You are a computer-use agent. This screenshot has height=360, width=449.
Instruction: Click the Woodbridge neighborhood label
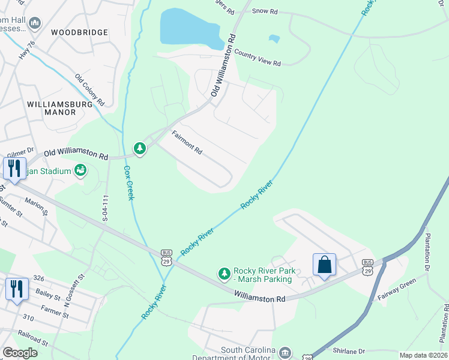tap(79, 32)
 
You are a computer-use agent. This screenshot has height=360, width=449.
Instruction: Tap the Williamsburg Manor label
tap(60, 108)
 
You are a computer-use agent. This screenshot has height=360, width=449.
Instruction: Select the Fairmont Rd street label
tap(187, 143)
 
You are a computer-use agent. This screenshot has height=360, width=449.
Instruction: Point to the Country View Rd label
tap(258, 58)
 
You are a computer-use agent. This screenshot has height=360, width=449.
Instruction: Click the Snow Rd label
tap(265, 11)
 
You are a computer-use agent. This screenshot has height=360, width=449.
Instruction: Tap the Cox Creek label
tap(128, 183)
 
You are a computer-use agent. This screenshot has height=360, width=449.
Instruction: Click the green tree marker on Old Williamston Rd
tap(140, 148)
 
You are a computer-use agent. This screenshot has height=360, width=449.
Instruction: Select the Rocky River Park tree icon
tap(224, 274)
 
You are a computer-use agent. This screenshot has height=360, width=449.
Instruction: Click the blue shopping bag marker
tap(324, 264)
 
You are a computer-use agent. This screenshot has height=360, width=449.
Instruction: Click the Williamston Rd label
tap(259, 296)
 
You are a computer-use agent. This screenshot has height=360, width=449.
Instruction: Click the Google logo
tap(20, 353)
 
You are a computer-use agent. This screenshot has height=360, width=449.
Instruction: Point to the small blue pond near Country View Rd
tap(274, 39)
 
